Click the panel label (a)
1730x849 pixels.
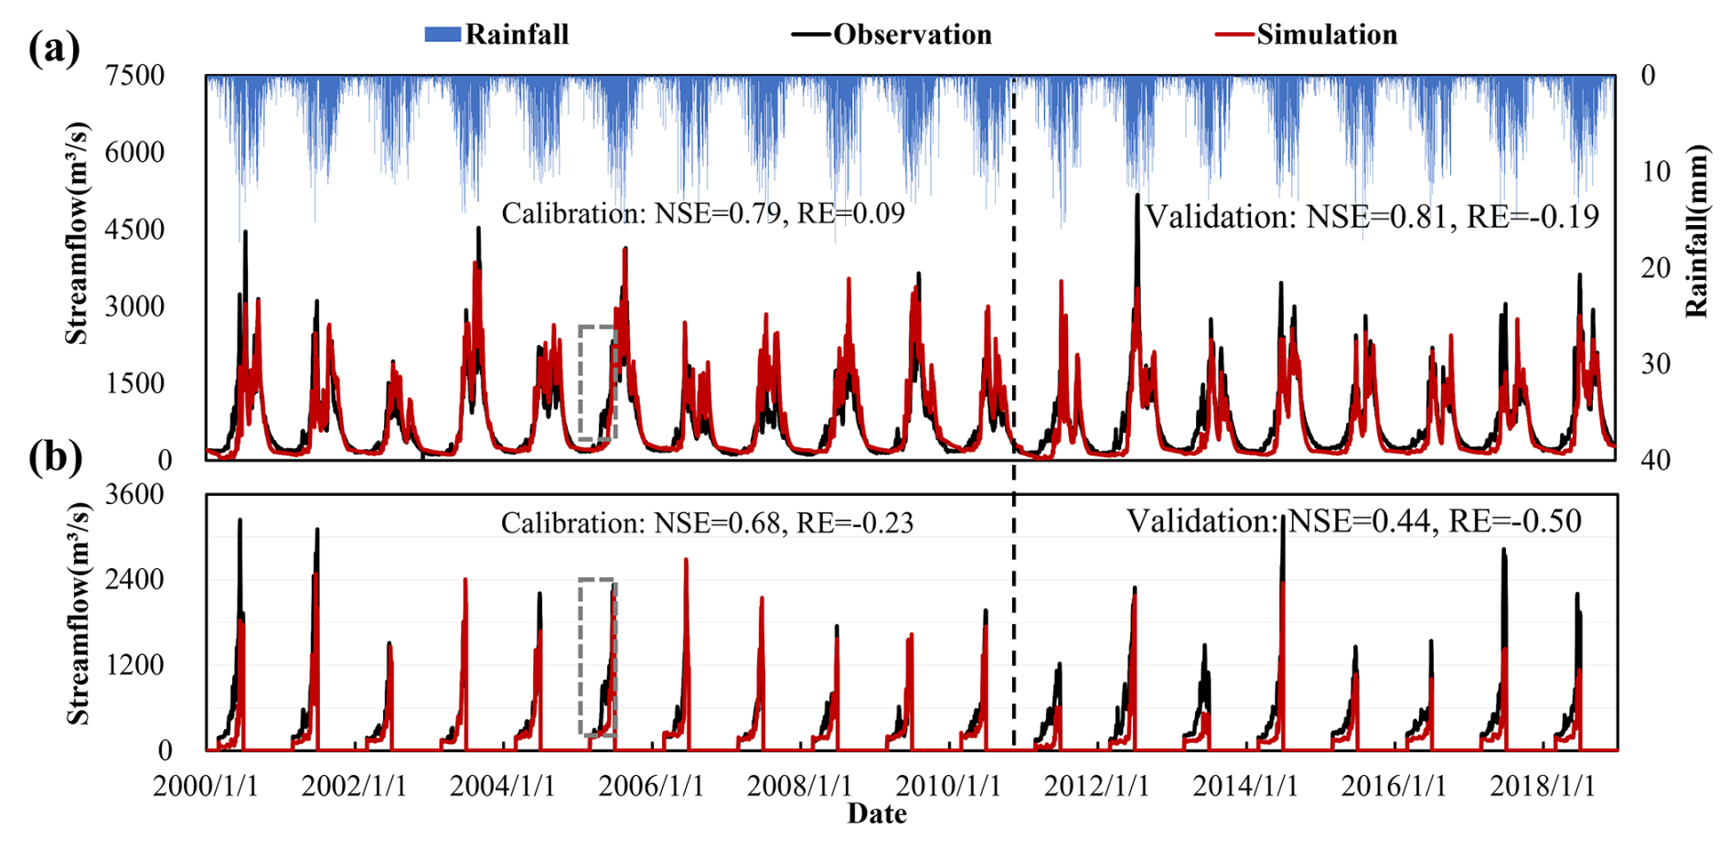click(54, 48)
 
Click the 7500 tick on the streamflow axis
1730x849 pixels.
click(134, 75)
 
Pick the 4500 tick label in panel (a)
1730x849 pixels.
click(134, 229)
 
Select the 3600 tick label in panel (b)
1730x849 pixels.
click(134, 494)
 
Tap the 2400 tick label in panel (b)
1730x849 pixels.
click(134, 579)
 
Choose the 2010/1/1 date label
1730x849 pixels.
click(948, 786)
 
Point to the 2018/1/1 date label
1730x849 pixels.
click(1542, 786)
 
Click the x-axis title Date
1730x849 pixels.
click(877, 813)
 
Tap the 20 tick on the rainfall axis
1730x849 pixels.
click(1655, 268)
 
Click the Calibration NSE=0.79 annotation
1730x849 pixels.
click(702, 213)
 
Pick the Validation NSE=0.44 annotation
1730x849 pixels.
click(1353, 521)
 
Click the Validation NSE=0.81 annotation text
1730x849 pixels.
click(1372, 217)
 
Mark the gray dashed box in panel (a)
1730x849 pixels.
click(598, 383)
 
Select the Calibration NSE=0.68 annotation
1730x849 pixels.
click(706, 522)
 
